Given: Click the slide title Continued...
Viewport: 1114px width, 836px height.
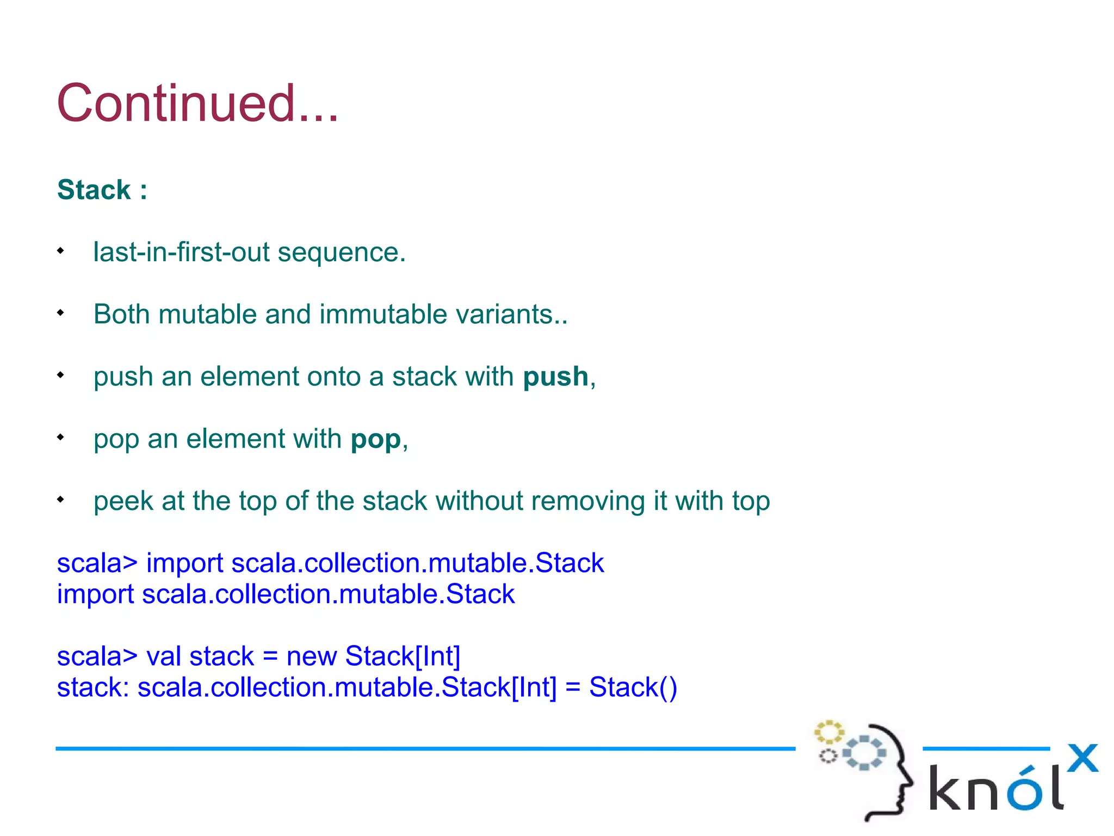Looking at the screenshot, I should pos(197,103).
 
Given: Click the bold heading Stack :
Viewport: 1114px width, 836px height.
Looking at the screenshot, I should pos(102,190).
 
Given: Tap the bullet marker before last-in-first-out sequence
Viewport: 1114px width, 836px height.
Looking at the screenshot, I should pos(61,251).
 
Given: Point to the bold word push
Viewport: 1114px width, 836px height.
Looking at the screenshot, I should pos(555,377).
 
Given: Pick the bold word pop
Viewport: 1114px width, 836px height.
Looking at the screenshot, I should pos(375,439).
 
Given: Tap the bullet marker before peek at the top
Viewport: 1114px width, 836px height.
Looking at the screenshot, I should pos(61,499).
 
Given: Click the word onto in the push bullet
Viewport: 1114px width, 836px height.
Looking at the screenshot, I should pos(334,377).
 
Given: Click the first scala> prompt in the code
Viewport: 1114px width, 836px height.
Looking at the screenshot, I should pos(97,563).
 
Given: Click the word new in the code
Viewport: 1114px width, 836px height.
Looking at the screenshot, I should pos(311,656).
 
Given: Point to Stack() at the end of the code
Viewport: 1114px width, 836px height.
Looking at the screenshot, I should pos(633,687).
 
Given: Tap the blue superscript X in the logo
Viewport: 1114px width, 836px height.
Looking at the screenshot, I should pos(1082,758).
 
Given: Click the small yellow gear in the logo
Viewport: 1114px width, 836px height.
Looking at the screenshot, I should pos(828,732).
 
